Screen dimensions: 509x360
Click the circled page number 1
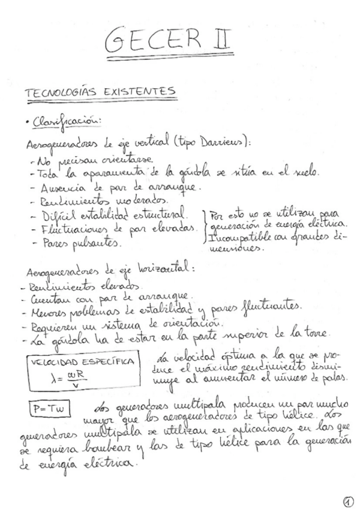point(348,500)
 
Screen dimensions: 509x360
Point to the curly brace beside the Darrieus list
point(205,226)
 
